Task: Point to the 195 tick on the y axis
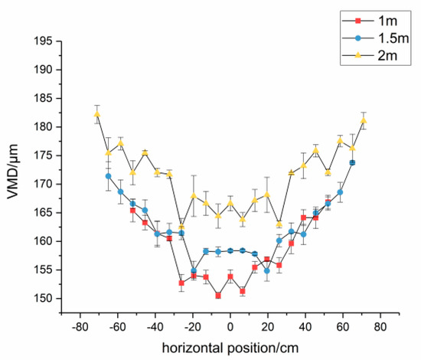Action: [x=53, y=41]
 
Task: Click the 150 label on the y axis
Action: [x=53, y=299]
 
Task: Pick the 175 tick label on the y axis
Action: [x=53, y=155]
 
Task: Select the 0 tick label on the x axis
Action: [x=230, y=325]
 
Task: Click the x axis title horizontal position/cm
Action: [x=230, y=345]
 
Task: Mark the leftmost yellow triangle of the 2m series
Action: [x=97, y=115]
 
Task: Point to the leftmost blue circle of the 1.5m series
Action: [x=109, y=176]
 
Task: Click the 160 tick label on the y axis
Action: [x=53, y=241]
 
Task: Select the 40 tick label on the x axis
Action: [x=305, y=325]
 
